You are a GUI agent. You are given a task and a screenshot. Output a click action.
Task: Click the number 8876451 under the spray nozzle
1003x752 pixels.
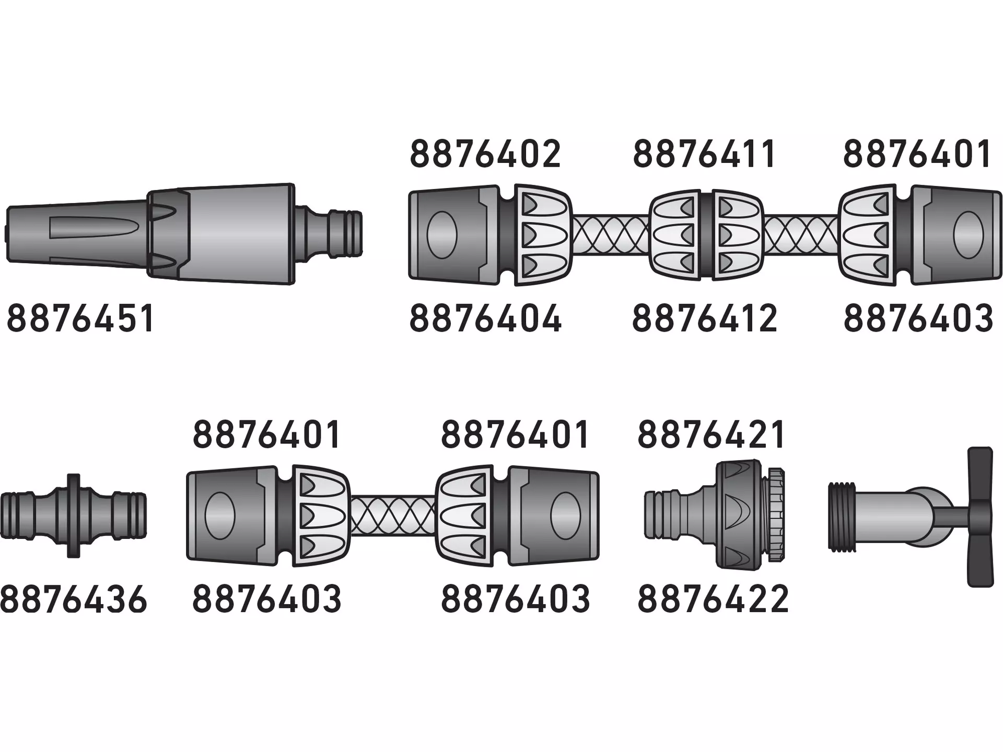[81, 319]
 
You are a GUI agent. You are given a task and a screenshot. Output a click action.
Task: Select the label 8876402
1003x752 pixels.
[485, 154]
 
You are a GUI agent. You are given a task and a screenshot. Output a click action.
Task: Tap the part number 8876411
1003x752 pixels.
[704, 154]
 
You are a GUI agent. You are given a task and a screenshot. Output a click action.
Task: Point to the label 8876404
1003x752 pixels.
[485, 319]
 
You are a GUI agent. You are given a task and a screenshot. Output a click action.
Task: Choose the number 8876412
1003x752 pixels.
[705, 319]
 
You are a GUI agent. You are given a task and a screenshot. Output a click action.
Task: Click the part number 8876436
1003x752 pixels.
[74, 599]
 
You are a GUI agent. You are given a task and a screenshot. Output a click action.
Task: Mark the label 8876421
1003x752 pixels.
[712, 434]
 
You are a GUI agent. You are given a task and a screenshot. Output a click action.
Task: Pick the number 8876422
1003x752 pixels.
[713, 599]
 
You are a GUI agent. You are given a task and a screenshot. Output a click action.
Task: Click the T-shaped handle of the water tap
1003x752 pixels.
[979, 516]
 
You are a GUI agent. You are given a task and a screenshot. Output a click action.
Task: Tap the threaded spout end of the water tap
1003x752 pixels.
[842, 516]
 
